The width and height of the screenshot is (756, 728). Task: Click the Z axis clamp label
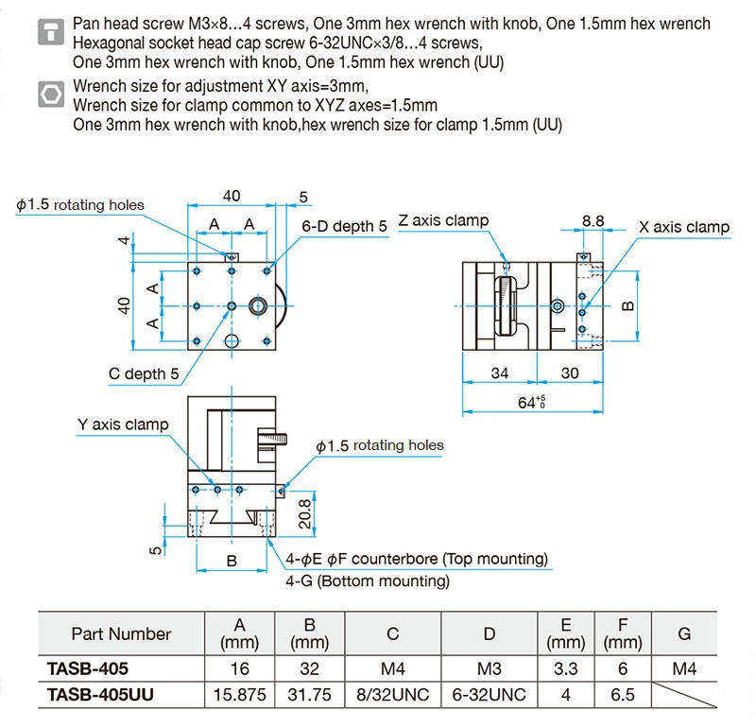443,220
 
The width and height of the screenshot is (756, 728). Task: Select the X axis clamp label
683,227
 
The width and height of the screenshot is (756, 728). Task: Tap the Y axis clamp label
123,425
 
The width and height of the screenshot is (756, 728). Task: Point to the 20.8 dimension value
304,513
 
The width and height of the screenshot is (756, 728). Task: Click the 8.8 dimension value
593,221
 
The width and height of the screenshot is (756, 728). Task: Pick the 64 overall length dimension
531,402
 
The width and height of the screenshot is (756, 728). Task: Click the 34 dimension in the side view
500,373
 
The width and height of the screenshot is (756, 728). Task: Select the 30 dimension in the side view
570,373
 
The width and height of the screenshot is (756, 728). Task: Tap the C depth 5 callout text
144,373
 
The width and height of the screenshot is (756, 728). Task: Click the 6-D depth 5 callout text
344,226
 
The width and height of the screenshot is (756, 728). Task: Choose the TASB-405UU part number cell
100,695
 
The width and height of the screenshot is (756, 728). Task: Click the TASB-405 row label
88,668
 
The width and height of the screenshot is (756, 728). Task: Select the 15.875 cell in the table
240,695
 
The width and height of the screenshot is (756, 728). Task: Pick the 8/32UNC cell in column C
393,695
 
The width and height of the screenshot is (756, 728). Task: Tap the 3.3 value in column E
565,668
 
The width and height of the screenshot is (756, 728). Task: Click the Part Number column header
122,633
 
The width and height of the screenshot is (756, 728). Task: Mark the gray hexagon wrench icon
51,95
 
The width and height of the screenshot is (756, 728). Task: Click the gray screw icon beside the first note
51,32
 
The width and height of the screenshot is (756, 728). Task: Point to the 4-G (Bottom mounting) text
368,581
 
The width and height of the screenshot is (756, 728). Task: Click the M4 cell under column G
684,668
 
